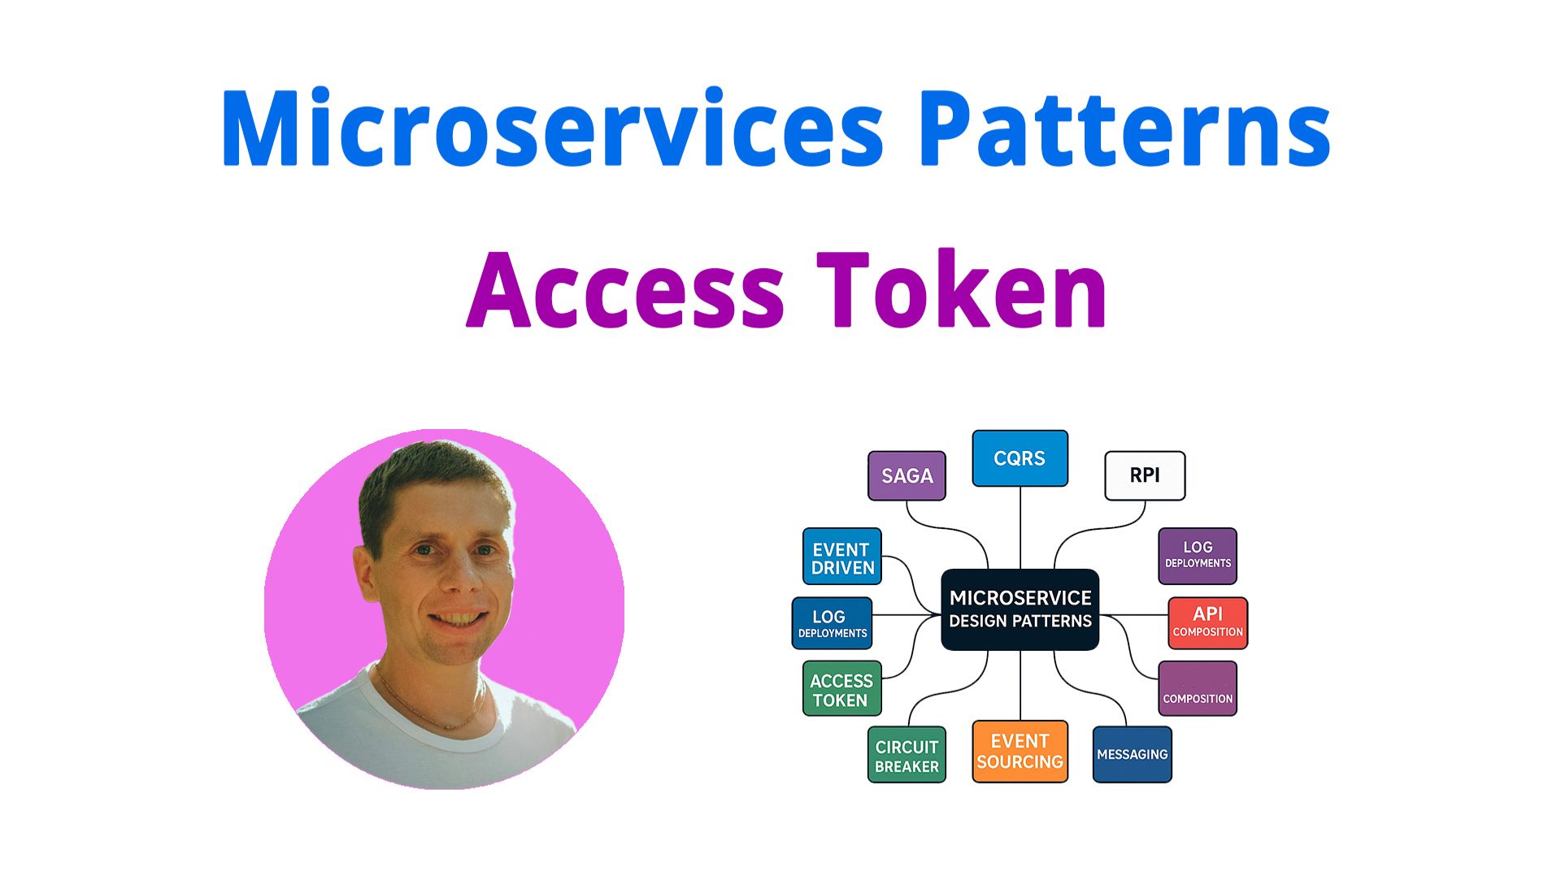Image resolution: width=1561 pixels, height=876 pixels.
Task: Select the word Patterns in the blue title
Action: click(x=1126, y=128)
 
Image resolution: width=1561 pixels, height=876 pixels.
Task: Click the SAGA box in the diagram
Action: click(x=907, y=475)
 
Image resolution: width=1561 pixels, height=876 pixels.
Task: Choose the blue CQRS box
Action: click(x=1020, y=458)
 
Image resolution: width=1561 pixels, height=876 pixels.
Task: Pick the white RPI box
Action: click(x=1145, y=475)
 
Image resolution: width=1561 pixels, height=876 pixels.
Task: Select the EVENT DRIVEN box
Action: click(x=842, y=557)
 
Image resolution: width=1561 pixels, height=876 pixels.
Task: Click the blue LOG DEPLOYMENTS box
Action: click(x=832, y=623)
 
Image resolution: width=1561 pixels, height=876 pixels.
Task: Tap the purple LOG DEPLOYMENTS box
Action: click(x=1198, y=556)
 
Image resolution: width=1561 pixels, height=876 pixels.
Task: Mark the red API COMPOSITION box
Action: click(x=1207, y=623)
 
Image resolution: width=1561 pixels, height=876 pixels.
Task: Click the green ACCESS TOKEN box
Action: click(x=841, y=688)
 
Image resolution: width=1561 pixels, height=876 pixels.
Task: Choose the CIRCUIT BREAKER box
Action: click(x=907, y=755)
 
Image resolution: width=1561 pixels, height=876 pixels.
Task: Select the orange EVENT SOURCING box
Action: click(x=1020, y=752)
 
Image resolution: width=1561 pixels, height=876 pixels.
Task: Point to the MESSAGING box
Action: click(x=1132, y=755)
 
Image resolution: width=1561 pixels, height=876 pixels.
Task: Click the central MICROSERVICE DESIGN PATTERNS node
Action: click(x=1020, y=609)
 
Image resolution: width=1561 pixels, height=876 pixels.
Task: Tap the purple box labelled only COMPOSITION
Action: click(x=1198, y=688)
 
